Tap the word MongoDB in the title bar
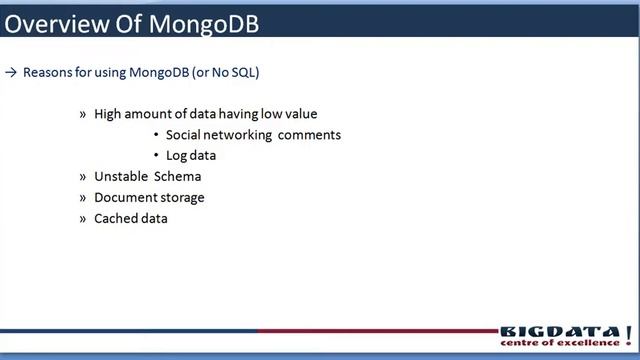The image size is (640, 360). pyautogui.click(x=203, y=22)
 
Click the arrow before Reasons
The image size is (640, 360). pyautogui.click(x=11, y=72)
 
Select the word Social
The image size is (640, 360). pyautogui.click(x=185, y=135)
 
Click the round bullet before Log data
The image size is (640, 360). pyautogui.click(x=156, y=156)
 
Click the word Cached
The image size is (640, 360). pyautogui.click(x=115, y=218)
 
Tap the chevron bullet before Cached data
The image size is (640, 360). pyautogui.click(x=83, y=218)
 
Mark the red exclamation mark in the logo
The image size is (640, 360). pyautogui.click(x=627, y=333)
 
